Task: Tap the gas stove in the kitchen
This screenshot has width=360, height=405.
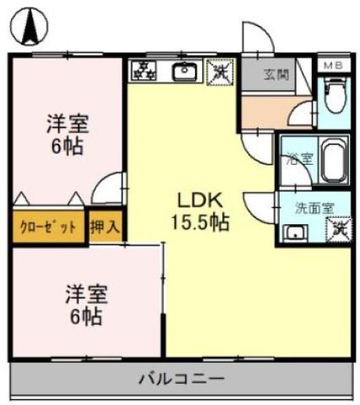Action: [144, 72]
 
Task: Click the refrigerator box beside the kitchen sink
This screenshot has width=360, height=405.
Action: [219, 73]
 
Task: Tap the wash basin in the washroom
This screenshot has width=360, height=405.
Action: [295, 233]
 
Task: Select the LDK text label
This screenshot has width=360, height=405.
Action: [199, 200]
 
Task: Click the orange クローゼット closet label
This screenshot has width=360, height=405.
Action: [48, 227]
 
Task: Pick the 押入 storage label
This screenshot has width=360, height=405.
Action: [105, 227]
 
